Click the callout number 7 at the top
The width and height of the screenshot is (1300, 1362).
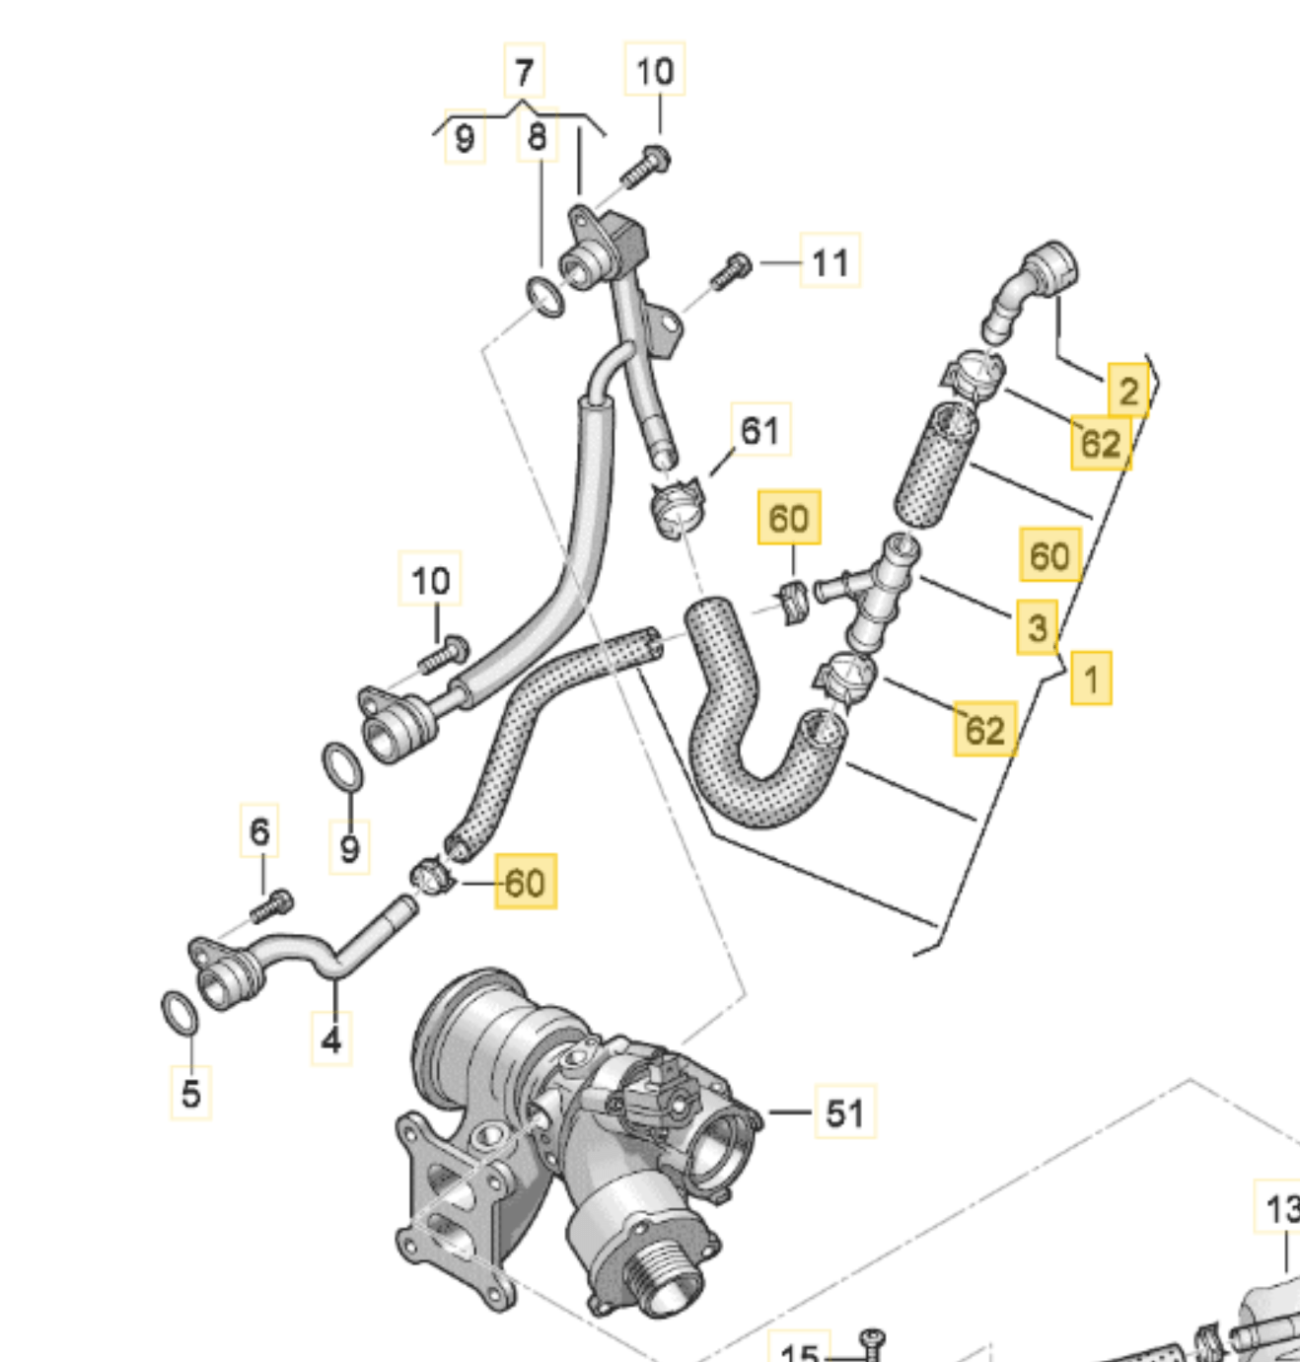point(524,71)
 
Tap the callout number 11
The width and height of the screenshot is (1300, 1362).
point(830,262)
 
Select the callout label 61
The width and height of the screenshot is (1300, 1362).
point(759,430)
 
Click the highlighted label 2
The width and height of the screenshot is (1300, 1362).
point(1128,392)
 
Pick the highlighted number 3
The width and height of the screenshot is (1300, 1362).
point(1037,627)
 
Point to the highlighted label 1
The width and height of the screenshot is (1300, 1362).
point(1091,679)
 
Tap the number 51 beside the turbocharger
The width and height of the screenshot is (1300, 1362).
point(844,1112)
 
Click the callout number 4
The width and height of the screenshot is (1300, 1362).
point(331,1039)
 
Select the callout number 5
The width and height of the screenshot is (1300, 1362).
point(190,1093)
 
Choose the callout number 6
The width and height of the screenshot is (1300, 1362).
point(259,831)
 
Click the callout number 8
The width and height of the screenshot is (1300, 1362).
point(537,136)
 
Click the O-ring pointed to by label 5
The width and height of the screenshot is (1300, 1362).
point(179,1014)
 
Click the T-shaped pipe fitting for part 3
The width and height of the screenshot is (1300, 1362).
point(873,589)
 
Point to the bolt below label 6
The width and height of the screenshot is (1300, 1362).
point(271,905)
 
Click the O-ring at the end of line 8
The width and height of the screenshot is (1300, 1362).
point(544,297)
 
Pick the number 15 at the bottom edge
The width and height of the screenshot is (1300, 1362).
point(799,1351)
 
